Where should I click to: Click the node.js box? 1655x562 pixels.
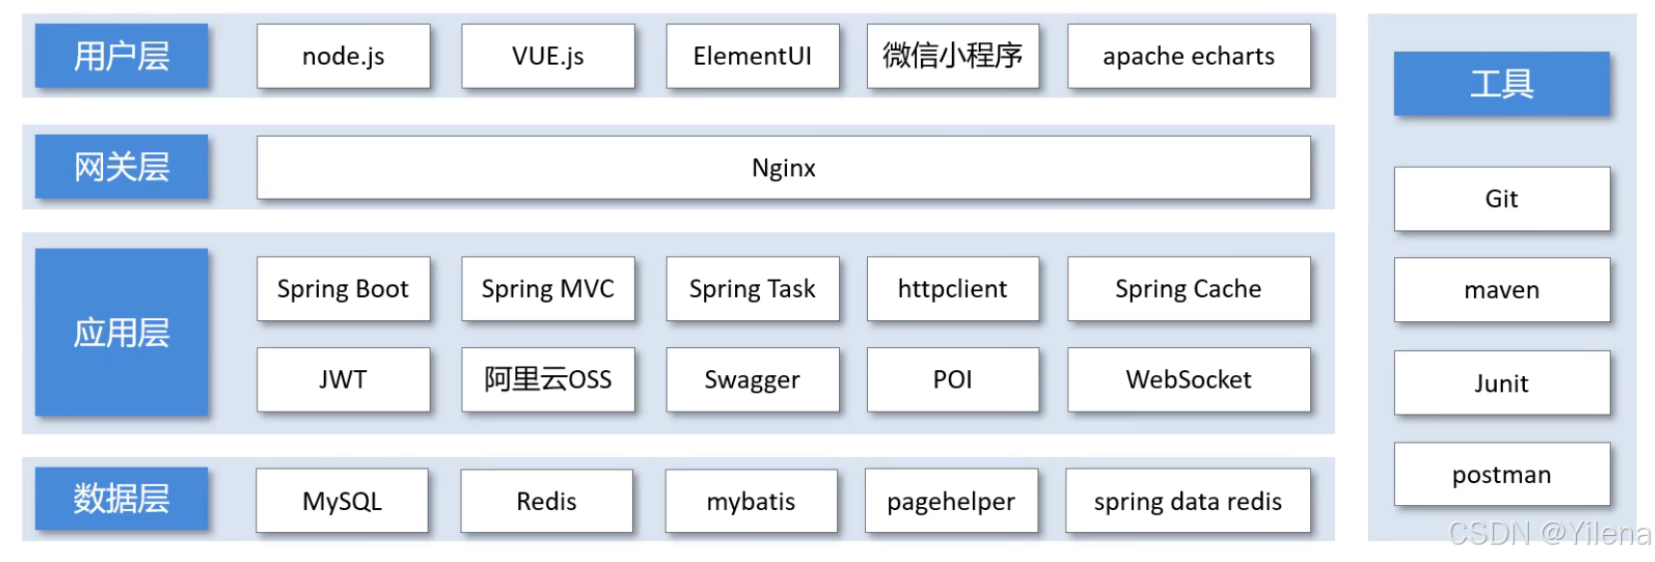(x=343, y=56)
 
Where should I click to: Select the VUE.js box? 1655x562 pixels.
(x=547, y=56)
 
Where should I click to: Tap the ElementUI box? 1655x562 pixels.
(x=752, y=56)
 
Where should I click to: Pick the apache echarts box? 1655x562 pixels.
(x=1188, y=56)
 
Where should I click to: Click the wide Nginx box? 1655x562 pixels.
(x=783, y=168)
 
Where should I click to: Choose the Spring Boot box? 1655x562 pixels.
(x=343, y=289)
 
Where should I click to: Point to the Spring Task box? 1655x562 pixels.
(x=752, y=289)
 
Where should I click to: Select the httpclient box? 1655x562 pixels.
(x=952, y=289)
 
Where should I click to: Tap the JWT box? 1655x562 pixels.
(x=343, y=380)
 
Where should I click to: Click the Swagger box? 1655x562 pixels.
(x=752, y=380)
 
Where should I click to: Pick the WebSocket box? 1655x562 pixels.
(x=1188, y=380)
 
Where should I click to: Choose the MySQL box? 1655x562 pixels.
(x=342, y=501)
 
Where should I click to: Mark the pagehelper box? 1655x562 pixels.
(x=951, y=501)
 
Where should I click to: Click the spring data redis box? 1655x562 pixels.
(x=1188, y=501)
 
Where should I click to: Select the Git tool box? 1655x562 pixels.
(x=1501, y=199)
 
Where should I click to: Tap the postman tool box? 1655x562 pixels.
(x=1501, y=474)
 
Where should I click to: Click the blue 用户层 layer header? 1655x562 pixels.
(x=121, y=56)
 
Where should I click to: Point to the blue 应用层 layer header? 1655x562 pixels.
(x=121, y=333)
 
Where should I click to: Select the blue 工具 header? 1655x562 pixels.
(x=1501, y=84)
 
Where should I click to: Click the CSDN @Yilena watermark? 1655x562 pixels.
(x=1549, y=533)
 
